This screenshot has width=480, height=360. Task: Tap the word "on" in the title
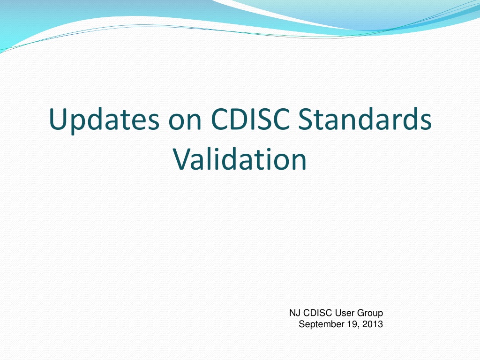tap(185, 122)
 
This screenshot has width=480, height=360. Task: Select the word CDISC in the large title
tap(250, 119)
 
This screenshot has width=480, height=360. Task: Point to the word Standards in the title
tap(365, 119)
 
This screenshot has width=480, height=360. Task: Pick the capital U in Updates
tap(59, 119)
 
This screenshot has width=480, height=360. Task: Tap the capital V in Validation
tap(183, 159)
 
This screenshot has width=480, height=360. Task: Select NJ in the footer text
tap(294, 313)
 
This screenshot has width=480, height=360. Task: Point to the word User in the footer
tap(345, 313)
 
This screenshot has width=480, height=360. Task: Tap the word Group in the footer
tap(370, 314)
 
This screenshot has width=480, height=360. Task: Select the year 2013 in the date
tap(373, 324)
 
